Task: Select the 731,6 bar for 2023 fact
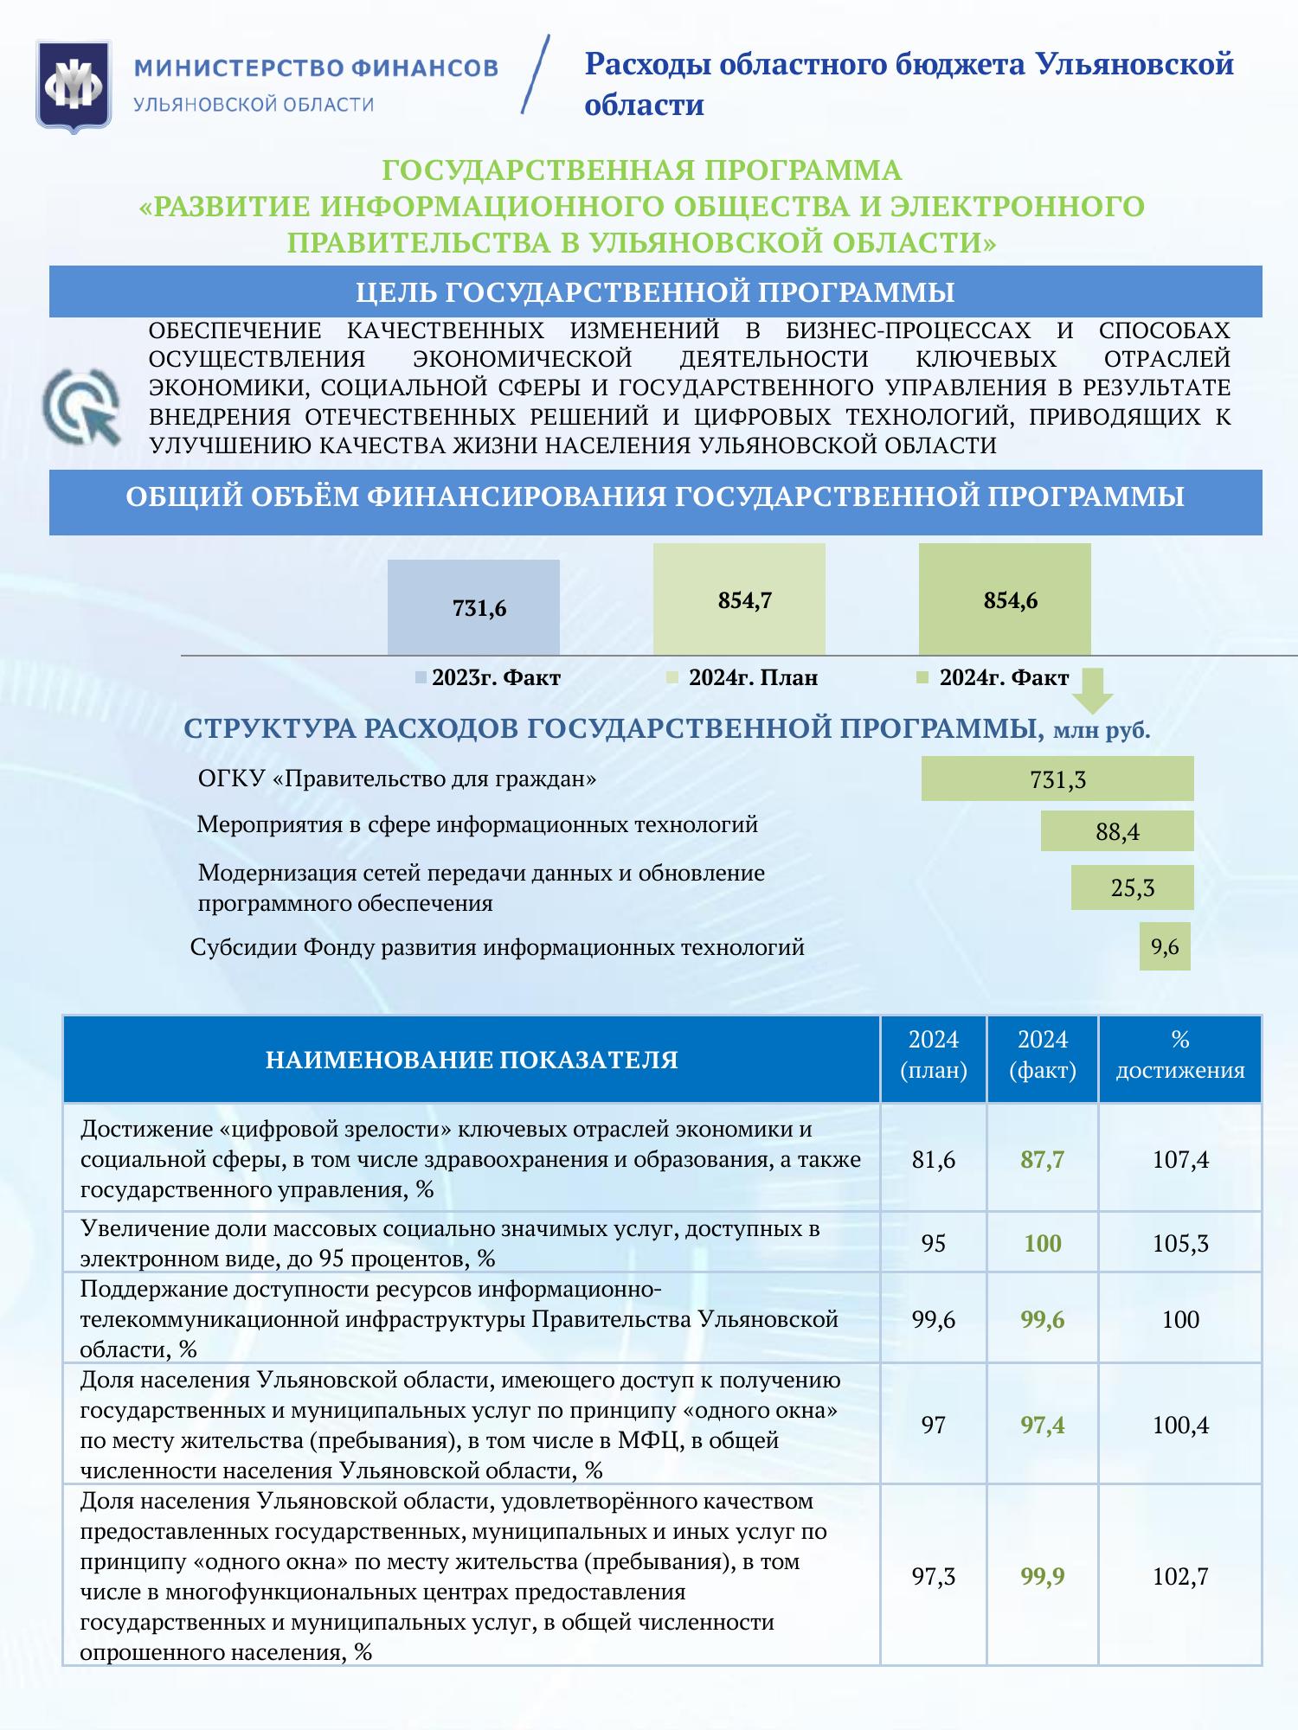[473, 607]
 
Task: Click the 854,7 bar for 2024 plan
[739, 599]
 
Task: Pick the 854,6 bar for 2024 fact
[1005, 599]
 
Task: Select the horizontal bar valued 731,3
[1057, 779]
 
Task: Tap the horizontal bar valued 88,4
[1117, 831]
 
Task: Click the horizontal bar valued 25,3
[1132, 887]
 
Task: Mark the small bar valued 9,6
[1165, 946]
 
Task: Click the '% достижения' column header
[1179, 1056]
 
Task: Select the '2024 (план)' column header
[933, 1056]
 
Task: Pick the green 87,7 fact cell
[1042, 1160]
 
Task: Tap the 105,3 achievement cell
[1180, 1244]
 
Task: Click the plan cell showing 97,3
[933, 1577]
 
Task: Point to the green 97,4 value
[1042, 1425]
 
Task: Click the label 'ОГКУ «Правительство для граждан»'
[397, 778]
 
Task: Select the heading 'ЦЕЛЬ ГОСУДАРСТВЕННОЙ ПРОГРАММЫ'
[655, 292]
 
